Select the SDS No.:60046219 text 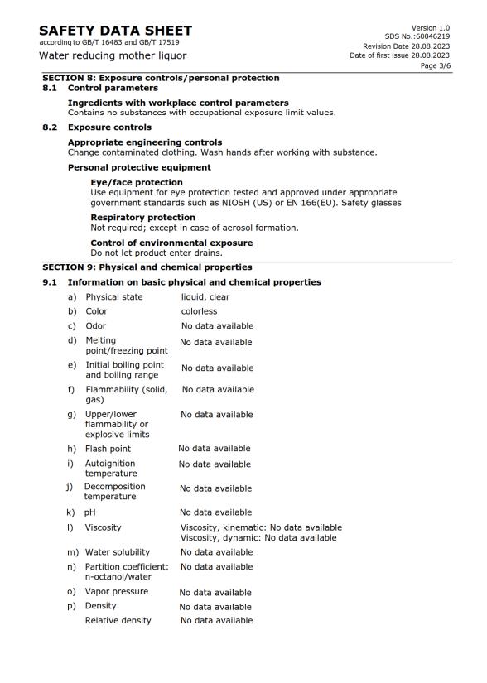pos(419,36)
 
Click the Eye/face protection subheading pos(137,182)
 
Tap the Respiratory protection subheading pos(142,218)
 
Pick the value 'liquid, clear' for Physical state pos(205,297)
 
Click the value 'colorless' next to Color pos(199,312)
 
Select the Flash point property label pos(108,449)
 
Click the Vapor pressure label pos(117,592)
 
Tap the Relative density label pos(118,620)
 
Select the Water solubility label pos(118,552)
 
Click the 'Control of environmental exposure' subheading pos(171,243)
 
